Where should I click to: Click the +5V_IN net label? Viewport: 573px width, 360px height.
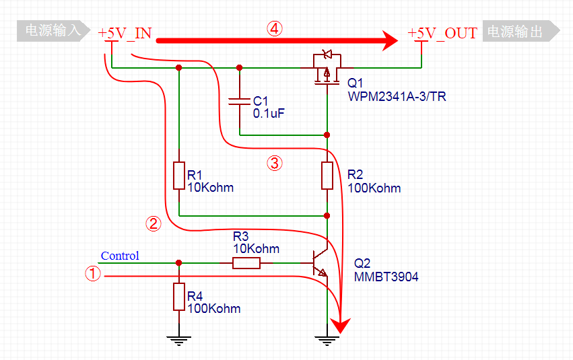point(125,33)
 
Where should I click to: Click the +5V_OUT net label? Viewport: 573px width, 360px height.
point(442,33)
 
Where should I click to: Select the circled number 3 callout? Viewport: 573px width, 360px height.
point(274,162)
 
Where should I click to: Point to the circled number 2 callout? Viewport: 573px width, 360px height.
point(154,224)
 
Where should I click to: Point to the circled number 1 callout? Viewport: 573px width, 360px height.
point(92,273)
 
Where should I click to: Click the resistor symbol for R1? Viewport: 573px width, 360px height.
point(179,175)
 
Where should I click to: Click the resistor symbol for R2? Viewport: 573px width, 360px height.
point(327,175)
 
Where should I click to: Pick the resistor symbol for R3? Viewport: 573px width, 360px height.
point(246,262)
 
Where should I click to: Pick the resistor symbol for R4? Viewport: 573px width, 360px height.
point(179,296)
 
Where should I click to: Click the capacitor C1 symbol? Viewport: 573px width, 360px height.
point(240,101)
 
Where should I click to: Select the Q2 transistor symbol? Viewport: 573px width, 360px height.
point(321,263)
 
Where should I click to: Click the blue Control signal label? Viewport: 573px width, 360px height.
point(120,256)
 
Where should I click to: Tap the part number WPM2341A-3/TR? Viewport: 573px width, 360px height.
point(397,97)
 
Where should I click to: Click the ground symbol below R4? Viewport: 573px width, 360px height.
point(179,339)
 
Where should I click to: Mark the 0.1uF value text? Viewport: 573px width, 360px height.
point(269,114)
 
